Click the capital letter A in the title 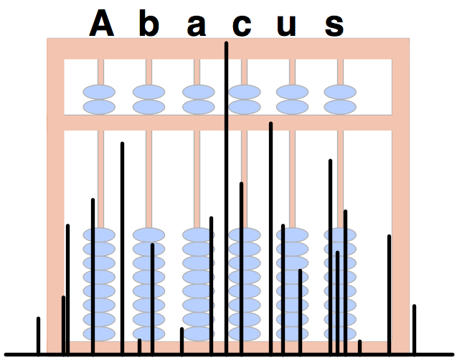click(x=102, y=24)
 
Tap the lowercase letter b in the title click(x=148, y=24)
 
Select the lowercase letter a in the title click(x=196, y=27)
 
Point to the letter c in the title click(x=242, y=27)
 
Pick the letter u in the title click(x=286, y=27)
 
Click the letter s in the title click(x=334, y=27)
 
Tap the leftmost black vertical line click(x=38, y=335)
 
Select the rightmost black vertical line click(x=414, y=329)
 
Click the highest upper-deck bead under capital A click(x=99, y=93)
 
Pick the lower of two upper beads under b click(x=149, y=107)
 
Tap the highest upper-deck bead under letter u click(x=292, y=93)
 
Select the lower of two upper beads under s click(x=340, y=107)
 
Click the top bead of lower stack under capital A click(x=100, y=235)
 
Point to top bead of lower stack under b click(x=149, y=235)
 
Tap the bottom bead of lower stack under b click(x=149, y=333)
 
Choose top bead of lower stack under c click(x=245, y=235)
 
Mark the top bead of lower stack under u click(x=293, y=235)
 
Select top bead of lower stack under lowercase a click(x=198, y=235)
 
